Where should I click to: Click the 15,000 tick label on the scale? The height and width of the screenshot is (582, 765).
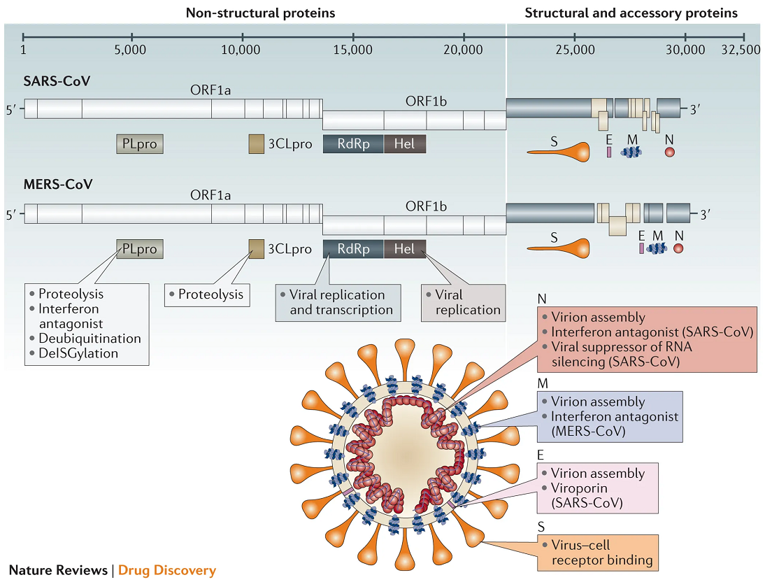pos(352,49)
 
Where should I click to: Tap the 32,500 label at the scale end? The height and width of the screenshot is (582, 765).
pos(741,49)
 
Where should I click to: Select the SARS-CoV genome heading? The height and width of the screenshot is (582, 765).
pos(57,81)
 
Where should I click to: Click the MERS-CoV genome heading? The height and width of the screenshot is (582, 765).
pos(58,184)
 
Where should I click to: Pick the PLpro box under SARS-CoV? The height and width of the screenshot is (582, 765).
pos(140,144)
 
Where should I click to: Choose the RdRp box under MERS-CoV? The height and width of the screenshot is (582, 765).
pos(353,249)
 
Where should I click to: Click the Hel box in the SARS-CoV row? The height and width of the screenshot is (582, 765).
pos(404,144)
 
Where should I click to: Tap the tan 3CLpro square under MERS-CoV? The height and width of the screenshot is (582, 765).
pos(256,249)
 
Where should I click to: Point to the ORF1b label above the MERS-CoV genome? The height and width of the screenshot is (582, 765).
pos(426,206)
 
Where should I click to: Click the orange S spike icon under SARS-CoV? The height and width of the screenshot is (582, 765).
pos(558,152)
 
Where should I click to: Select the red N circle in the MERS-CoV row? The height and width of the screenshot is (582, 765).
pos(678,248)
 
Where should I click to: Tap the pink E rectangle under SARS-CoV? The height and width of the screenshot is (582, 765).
pos(609,152)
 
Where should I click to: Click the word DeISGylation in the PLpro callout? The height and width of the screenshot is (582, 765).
pos(78,353)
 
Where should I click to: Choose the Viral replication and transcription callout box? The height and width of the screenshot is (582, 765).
pos(338,303)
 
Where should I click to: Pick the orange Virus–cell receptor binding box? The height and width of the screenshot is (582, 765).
pos(598,553)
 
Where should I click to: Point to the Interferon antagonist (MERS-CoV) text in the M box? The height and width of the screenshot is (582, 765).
pos(614,424)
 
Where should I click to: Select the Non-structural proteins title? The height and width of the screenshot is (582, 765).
pos(261,13)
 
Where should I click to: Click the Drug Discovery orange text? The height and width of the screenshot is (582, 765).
pos(167,570)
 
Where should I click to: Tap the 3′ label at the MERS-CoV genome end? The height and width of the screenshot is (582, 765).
pos(705,214)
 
